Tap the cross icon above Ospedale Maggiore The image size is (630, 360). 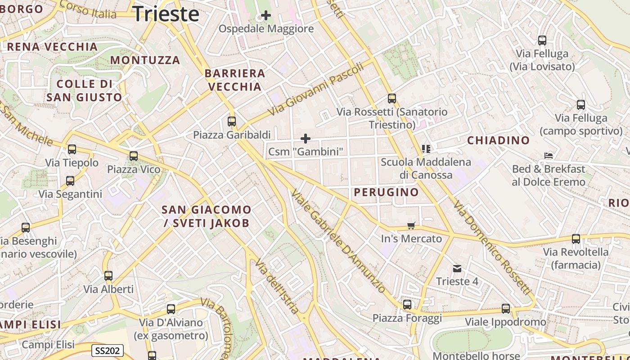266,15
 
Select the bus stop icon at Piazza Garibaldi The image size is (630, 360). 232,121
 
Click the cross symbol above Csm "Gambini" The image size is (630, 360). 306,138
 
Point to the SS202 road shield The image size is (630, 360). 108,351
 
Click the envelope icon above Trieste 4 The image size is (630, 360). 457,269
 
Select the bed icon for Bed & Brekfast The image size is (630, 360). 549,156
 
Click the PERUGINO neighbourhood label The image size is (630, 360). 386,192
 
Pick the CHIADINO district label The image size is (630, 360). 498,140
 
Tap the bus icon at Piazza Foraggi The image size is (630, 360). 407,305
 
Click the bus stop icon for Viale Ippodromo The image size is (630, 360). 506,309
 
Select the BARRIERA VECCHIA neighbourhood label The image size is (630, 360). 234,80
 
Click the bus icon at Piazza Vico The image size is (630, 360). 134,156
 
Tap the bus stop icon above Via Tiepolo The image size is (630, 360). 72,149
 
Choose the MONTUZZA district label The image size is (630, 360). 145,60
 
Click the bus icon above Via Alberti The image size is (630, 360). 108,276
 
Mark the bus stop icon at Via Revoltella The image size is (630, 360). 576,239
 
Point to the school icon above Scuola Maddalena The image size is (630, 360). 426,148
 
